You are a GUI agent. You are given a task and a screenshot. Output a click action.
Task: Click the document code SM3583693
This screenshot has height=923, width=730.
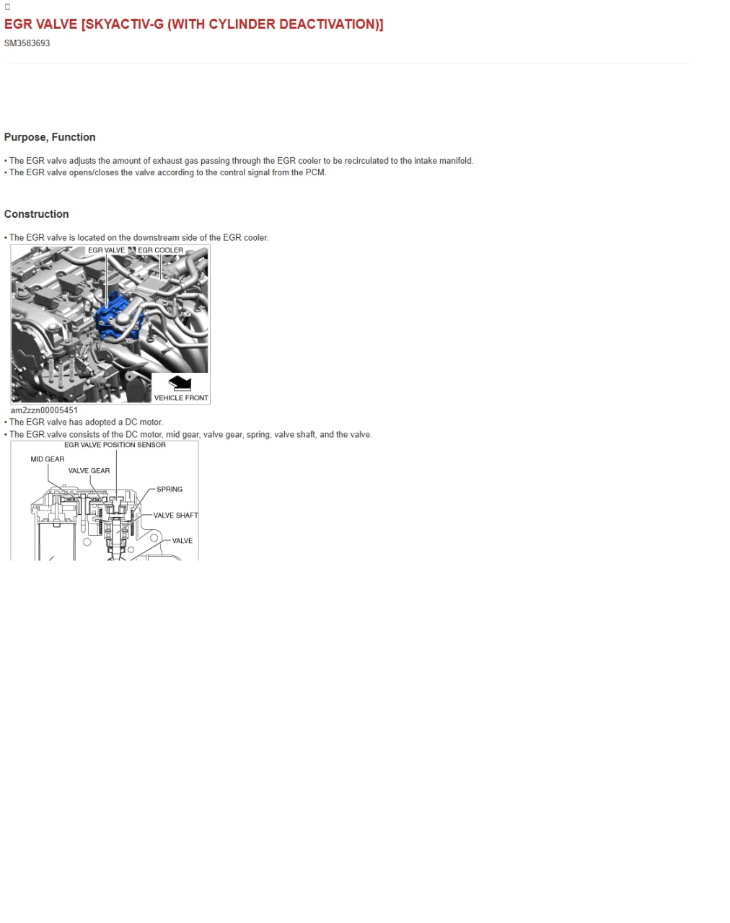[x=27, y=43]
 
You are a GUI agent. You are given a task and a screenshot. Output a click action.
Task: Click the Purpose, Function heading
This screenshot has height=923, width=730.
[x=50, y=137]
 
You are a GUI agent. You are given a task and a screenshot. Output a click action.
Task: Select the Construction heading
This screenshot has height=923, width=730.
[x=36, y=214]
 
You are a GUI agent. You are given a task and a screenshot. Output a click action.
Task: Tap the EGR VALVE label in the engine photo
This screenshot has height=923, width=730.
[x=106, y=251]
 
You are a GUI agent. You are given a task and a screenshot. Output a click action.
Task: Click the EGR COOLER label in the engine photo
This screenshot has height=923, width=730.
[x=160, y=251]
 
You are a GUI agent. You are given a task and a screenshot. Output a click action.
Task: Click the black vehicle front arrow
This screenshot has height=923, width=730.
[x=180, y=384]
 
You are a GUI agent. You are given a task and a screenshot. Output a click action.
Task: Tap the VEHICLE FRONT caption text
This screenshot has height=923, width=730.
[x=180, y=398]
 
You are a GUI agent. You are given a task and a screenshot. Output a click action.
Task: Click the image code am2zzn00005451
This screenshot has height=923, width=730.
[x=44, y=410]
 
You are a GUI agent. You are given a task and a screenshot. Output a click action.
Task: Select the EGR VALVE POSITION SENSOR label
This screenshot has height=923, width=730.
[x=115, y=445]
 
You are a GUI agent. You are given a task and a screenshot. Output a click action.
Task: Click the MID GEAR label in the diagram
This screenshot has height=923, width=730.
[x=47, y=459]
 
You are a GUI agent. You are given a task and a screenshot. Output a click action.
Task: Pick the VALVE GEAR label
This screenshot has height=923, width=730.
[x=89, y=471]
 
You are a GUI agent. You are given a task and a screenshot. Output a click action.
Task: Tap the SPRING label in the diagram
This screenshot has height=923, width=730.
[x=170, y=490]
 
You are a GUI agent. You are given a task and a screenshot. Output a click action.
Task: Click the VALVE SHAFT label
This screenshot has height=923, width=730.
[x=175, y=516]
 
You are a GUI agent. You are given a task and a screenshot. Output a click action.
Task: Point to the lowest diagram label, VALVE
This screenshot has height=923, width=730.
[x=182, y=541]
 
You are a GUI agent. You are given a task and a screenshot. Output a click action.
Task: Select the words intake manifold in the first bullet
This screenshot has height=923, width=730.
[x=443, y=161]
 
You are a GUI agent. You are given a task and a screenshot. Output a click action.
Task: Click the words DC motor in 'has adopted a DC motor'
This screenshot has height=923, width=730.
[x=144, y=423]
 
